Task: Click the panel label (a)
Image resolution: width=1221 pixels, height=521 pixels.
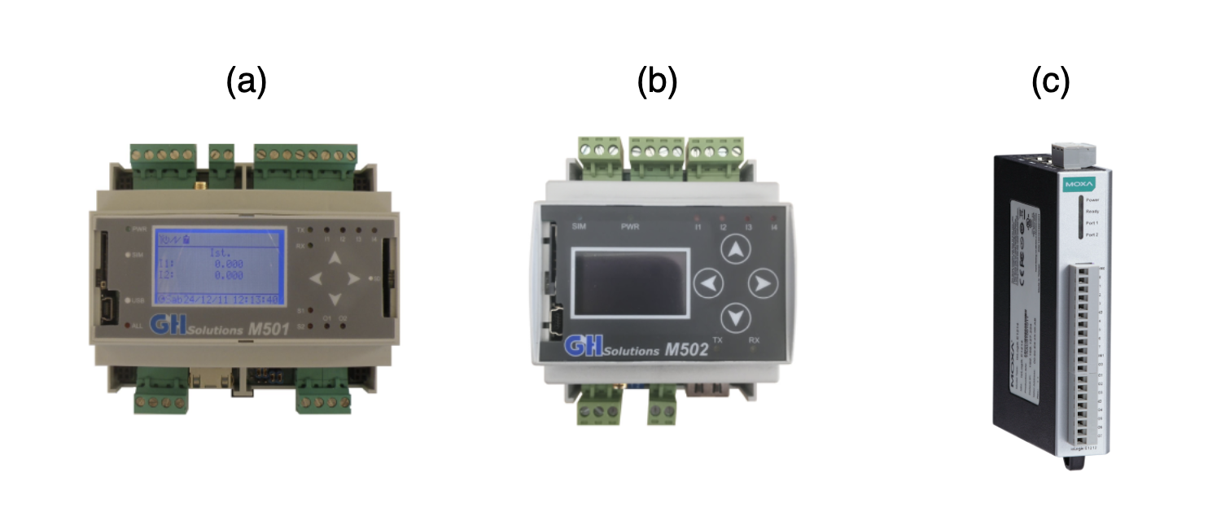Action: tap(247, 82)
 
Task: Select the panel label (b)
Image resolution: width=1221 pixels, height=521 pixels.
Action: tap(658, 82)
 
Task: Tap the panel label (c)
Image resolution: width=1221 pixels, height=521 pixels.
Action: tap(1050, 82)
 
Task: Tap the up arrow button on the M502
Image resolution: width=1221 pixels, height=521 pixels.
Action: tap(736, 251)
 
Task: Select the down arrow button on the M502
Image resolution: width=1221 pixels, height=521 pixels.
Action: tap(736, 315)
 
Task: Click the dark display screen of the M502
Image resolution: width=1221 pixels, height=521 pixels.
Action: tap(628, 282)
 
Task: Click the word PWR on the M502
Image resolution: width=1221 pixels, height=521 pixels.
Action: tap(630, 225)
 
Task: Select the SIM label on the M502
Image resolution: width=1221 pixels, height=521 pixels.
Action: tap(580, 225)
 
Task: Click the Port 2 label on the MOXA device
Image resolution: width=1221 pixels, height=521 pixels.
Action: tap(1092, 234)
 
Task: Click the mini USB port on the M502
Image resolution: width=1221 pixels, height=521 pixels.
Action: tap(557, 322)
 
